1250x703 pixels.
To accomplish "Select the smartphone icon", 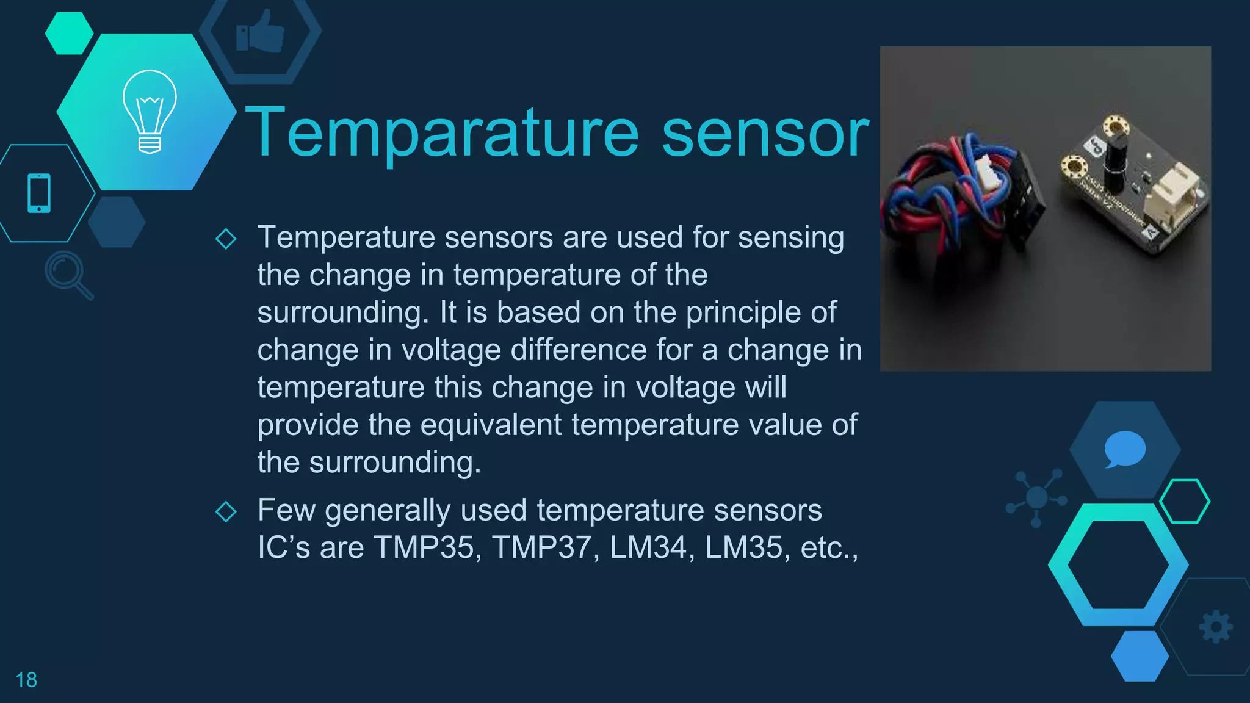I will (x=39, y=193).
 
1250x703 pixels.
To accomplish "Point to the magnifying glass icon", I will (x=68, y=274).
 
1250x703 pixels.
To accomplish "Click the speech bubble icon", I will (x=1124, y=449).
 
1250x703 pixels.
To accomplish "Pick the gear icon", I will (x=1216, y=627).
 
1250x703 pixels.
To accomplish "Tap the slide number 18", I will (x=26, y=680).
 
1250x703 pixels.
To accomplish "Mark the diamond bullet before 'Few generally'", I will (x=226, y=511).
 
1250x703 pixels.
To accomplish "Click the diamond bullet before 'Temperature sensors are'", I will (x=226, y=239).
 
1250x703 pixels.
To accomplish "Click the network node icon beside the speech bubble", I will (x=1036, y=497).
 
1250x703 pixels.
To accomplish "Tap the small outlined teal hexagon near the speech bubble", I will (x=1184, y=502).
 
